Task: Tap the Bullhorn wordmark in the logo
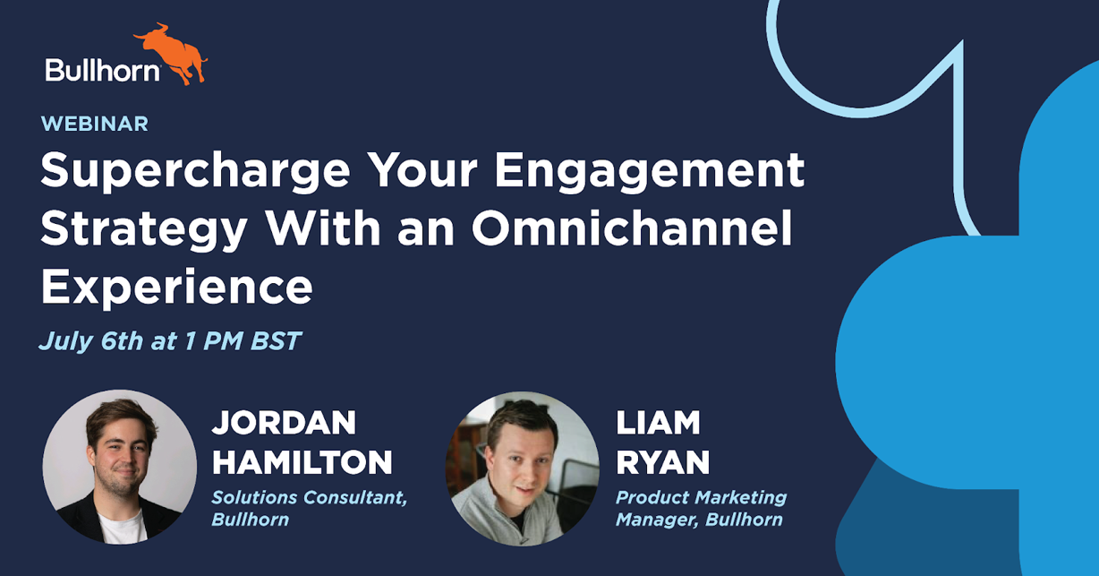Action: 103,70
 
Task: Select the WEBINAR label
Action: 95,124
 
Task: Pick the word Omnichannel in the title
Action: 632,228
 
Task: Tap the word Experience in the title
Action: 176,288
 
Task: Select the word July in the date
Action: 66,341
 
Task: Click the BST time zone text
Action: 276,341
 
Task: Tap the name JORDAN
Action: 284,422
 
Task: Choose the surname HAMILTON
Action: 302,462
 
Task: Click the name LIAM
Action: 658,422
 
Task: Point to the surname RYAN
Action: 662,462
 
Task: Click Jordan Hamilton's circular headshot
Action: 119,467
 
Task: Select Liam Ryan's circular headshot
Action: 522,469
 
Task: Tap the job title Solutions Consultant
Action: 309,497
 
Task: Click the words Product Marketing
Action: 701,497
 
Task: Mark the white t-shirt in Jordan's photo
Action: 123,527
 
